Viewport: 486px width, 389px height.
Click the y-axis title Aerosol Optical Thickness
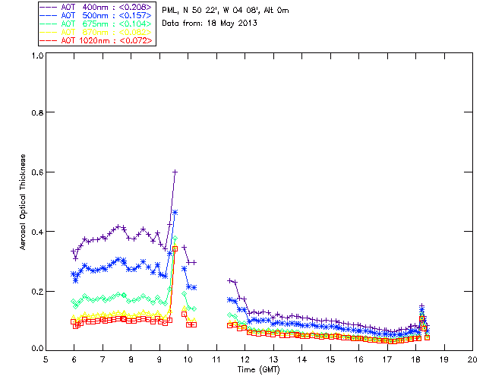point(24,201)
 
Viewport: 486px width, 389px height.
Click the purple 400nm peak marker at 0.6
point(175,172)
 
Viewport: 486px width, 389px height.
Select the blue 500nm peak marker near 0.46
point(175,212)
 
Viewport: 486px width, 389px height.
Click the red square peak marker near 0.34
point(175,248)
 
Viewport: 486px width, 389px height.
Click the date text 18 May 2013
point(231,23)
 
